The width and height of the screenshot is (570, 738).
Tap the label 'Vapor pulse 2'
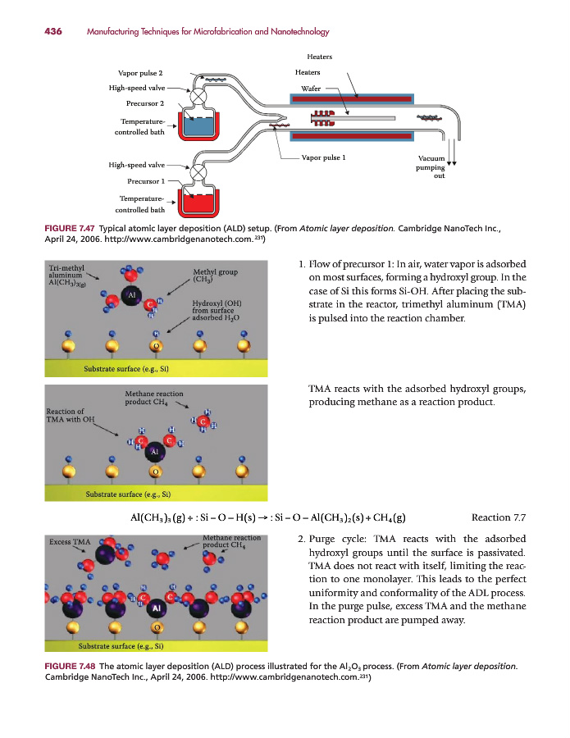[140, 73]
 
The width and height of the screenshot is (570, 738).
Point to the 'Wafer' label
[310, 88]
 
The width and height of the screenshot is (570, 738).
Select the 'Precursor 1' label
[146, 180]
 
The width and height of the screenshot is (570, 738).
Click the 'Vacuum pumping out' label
[431, 166]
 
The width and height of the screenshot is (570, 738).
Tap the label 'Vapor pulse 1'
[323, 157]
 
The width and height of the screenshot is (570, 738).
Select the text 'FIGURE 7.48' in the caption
[71, 667]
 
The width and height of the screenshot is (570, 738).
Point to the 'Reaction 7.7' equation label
[499, 517]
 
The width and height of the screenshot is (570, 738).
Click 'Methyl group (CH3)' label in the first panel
[215, 276]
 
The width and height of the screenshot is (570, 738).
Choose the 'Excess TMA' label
[70, 541]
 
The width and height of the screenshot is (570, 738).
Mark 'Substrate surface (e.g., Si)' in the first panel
[127, 368]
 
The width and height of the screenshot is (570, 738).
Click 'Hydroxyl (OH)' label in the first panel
[215, 302]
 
